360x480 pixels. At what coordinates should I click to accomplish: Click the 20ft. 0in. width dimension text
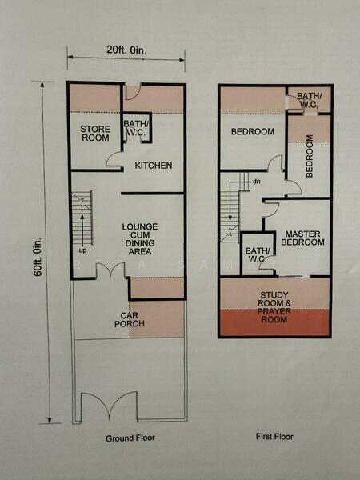[126, 50]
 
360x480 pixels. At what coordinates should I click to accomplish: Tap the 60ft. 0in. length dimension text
[38, 257]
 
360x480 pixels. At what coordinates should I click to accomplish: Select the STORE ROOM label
[95, 134]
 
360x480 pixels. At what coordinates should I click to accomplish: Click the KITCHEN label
[154, 166]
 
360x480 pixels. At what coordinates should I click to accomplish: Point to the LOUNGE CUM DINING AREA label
[140, 239]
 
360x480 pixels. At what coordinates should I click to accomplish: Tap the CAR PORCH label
[130, 319]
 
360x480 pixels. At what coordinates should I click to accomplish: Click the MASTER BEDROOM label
[302, 238]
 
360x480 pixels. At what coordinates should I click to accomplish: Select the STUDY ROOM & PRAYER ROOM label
[274, 307]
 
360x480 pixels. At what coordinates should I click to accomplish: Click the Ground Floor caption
[130, 438]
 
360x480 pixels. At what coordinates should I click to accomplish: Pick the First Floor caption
[274, 436]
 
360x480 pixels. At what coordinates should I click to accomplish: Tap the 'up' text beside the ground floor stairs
[82, 250]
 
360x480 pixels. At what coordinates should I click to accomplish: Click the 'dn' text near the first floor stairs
[257, 182]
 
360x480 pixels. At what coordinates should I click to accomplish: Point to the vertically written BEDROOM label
[310, 156]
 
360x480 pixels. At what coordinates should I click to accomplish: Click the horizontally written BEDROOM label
[253, 132]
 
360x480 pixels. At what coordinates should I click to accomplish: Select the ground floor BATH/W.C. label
[134, 129]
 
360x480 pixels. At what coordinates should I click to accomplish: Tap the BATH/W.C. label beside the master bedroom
[258, 255]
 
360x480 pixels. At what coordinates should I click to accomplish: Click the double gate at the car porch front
[109, 405]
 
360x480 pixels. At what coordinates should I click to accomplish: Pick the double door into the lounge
[110, 271]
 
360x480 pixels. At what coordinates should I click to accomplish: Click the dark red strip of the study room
[274, 322]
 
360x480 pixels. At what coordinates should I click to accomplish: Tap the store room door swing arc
[113, 158]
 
